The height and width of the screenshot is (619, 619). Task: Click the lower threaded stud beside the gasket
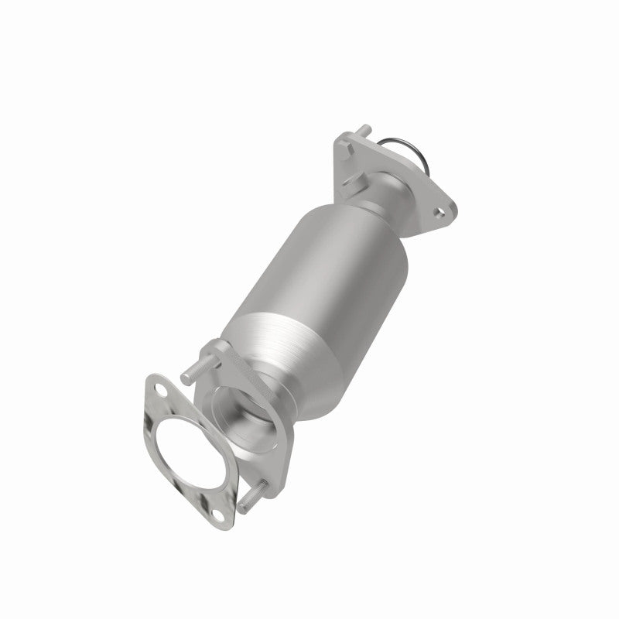(x=255, y=491)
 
